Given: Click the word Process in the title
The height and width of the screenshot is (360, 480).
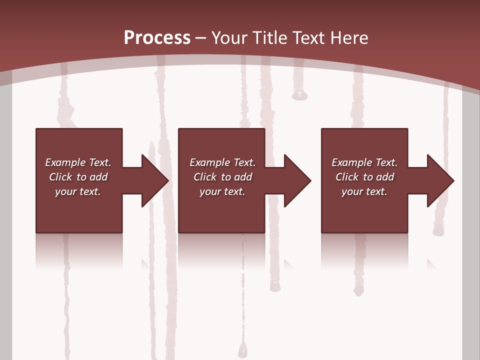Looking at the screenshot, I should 157,38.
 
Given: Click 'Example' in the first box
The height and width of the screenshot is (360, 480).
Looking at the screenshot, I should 65,162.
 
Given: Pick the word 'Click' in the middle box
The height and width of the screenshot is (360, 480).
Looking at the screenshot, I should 205,177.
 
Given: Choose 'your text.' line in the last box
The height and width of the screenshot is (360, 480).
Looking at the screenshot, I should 364,191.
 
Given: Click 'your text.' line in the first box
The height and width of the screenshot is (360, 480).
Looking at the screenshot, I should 78,191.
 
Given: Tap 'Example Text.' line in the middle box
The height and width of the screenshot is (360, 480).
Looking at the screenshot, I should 222,162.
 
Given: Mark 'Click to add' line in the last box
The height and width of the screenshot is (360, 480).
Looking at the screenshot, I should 364,177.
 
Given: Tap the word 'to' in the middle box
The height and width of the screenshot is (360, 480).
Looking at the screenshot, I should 226,177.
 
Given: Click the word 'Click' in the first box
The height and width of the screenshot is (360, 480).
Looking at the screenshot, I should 60,177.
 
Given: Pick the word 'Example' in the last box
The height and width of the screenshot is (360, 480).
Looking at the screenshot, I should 351,162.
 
